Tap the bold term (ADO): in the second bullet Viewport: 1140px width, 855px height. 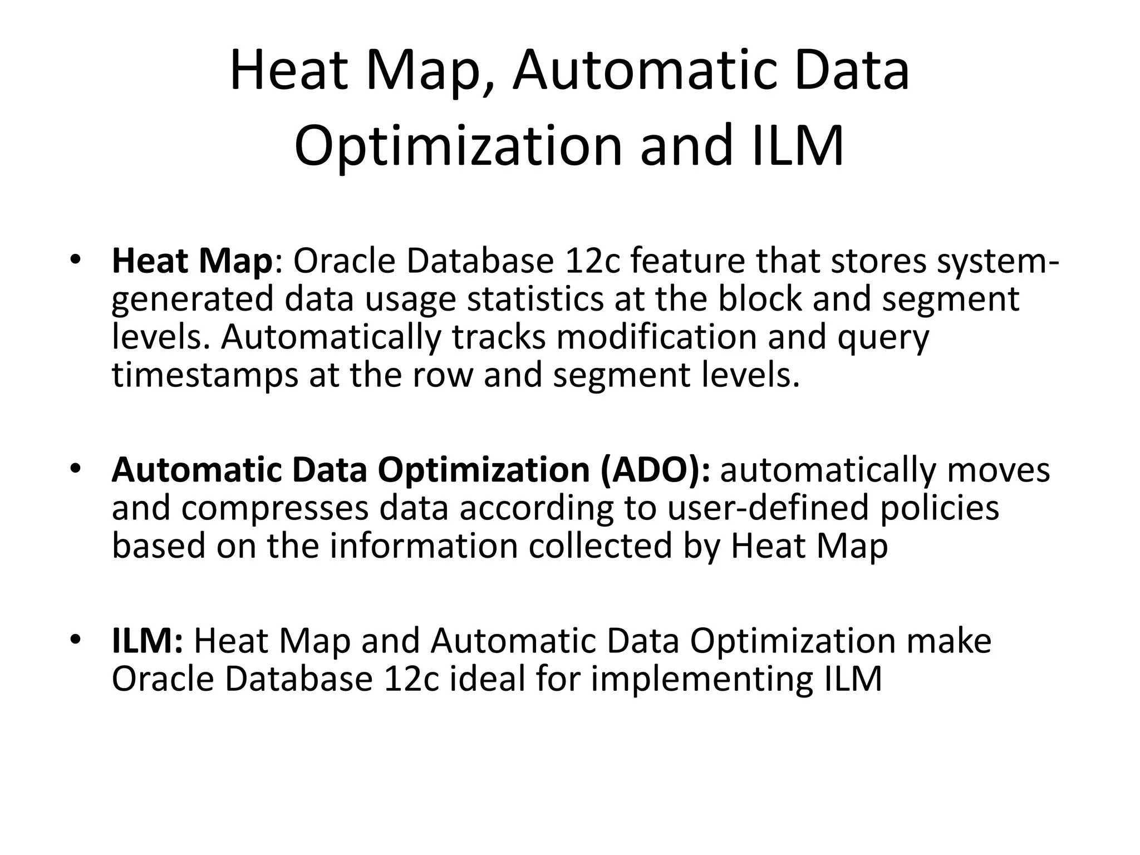[655, 469]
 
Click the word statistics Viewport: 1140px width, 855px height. [535, 298]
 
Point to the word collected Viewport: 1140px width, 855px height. [600, 546]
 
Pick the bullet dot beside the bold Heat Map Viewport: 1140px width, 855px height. [76, 259]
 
